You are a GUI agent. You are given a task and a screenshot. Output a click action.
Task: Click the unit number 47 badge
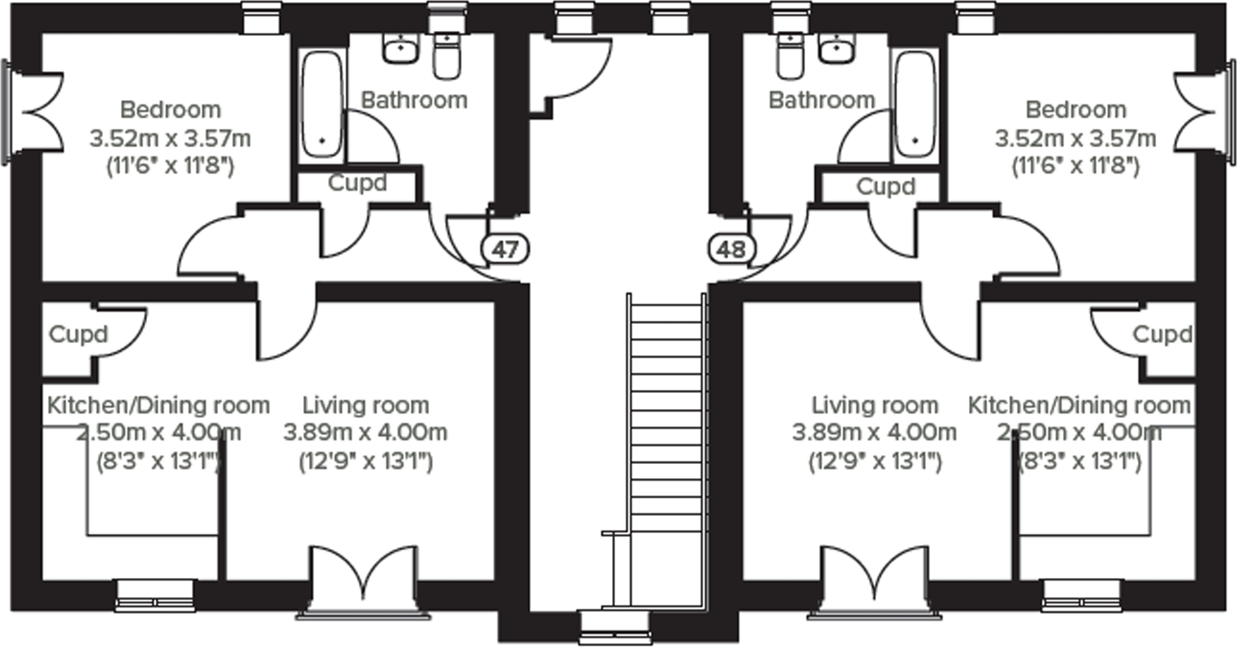[x=505, y=249]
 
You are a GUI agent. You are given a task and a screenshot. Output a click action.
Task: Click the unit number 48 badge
[x=731, y=249]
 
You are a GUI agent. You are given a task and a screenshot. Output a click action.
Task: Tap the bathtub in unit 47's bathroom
[x=322, y=104]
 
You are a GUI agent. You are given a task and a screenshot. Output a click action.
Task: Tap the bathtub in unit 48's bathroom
[x=915, y=104]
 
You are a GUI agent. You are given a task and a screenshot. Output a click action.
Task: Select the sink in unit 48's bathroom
[x=837, y=49]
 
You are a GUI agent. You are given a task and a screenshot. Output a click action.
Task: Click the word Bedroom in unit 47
[x=170, y=110]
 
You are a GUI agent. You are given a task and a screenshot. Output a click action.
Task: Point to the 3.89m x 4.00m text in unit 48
[x=874, y=432]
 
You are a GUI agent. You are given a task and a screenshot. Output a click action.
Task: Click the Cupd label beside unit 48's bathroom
[x=885, y=187]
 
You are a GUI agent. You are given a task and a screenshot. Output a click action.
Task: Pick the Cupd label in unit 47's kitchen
[x=78, y=334]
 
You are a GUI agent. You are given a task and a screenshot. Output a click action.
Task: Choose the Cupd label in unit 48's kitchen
[x=1162, y=334]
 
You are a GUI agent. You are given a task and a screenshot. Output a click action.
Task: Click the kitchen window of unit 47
[x=155, y=594]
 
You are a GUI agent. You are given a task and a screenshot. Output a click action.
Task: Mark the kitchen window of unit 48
[x=1081, y=594]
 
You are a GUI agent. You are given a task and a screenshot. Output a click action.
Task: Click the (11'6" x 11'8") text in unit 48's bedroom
[x=1075, y=166]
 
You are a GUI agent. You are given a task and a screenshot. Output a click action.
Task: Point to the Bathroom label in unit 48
[x=821, y=100]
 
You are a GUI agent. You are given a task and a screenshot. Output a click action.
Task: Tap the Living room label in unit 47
[x=365, y=406]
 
